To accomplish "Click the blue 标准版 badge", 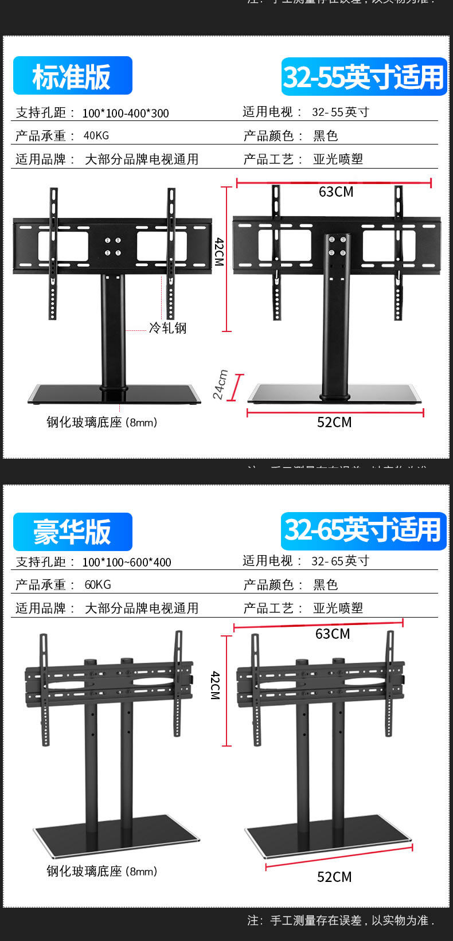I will [x=72, y=76].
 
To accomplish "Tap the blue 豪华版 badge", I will [x=72, y=532].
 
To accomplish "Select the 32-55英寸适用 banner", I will [x=364, y=77].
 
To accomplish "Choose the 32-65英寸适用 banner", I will [x=364, y=530].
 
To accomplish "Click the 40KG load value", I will [x=96, y=136].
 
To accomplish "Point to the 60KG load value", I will [x=97, y=585].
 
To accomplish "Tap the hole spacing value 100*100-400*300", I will [x=126, y=113].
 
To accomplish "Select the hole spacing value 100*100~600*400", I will [x=127, y=563].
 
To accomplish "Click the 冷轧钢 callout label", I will [x=167, y=328].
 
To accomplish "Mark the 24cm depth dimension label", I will [x=220, y=384].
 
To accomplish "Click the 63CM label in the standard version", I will [x=336, y=192].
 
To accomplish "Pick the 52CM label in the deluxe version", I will [x=334, y=877].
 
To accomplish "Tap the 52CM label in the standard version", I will [x=334, y=423].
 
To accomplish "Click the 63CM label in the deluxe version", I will [x=333, y=634].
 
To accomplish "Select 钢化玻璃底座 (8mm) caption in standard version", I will [x=101, y=423].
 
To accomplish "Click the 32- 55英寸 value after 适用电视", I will [x=341, y=112].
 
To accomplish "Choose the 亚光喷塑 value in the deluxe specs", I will [x=338, y=608].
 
